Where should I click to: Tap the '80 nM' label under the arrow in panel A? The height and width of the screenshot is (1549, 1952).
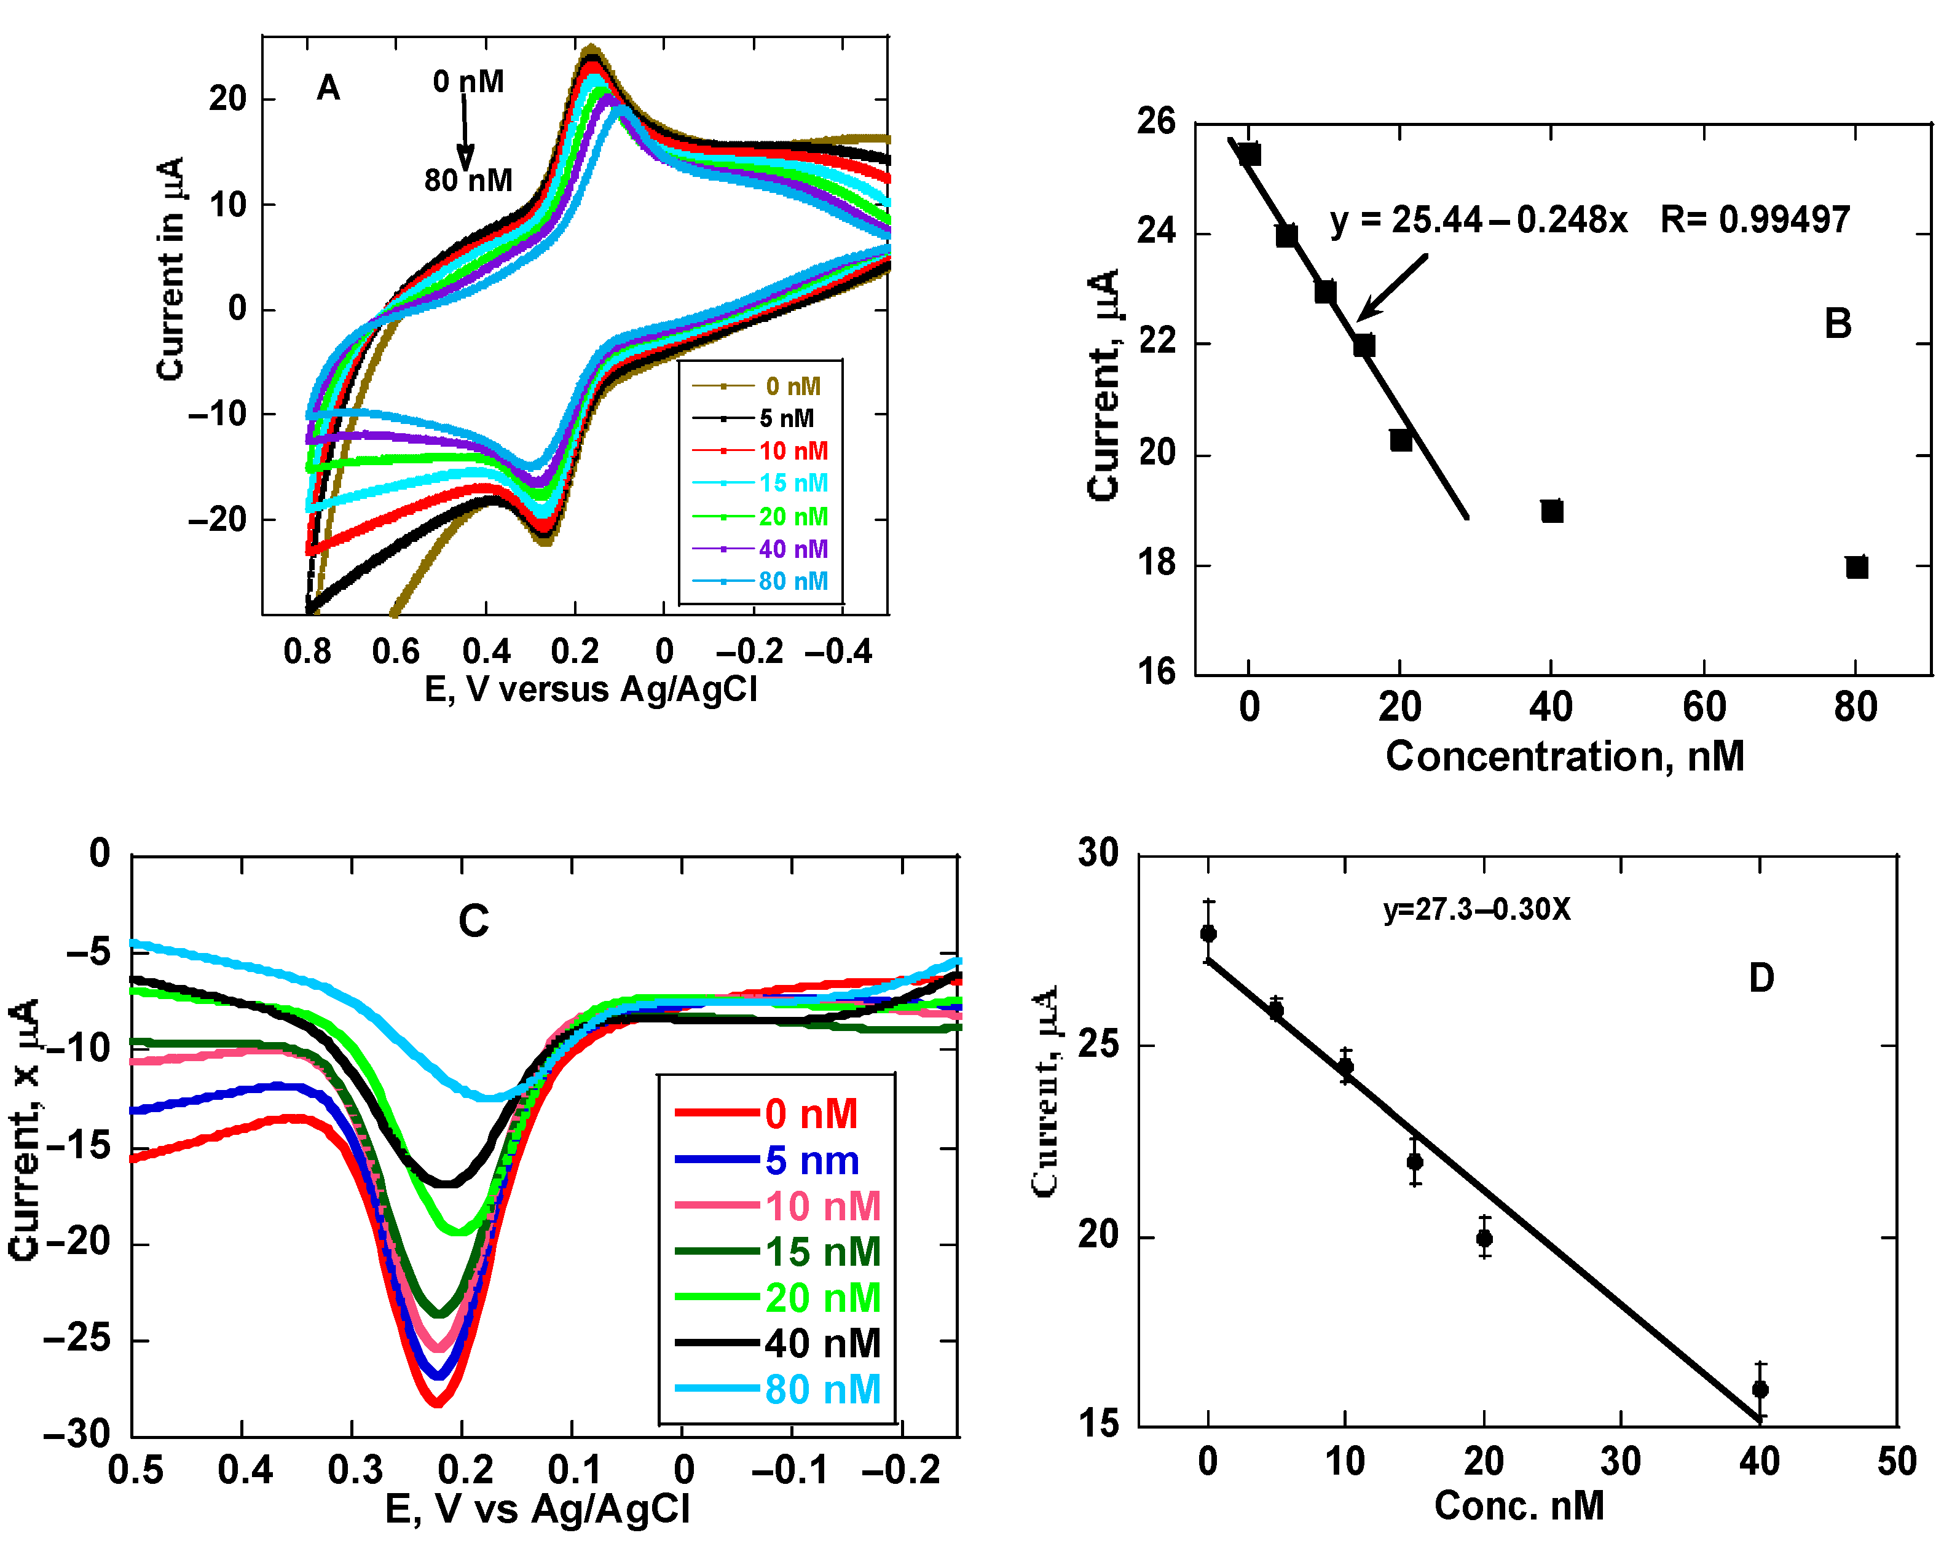468,180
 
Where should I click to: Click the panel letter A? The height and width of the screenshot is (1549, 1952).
328,88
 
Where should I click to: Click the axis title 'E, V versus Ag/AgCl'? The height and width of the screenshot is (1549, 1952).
590,690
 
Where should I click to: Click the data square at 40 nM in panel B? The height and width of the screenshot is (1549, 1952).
1552,511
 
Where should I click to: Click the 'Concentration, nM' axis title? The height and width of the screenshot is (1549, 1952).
1565,756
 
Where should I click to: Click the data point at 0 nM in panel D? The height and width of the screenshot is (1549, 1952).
1208,933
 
